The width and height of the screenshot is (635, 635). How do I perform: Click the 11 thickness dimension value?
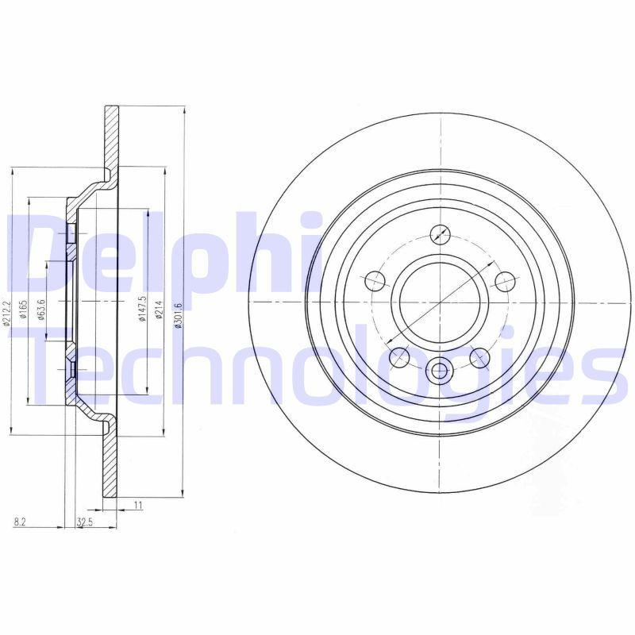click(137, 505)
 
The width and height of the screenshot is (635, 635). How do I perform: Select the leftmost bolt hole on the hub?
click(375, 280)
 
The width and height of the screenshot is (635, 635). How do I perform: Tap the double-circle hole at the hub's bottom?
click(439, 369)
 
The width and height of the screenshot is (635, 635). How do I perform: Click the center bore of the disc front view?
click(439, 302)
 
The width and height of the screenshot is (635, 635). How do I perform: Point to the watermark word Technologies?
click(317, 373)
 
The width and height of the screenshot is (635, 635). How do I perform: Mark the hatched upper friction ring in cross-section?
click(111, 135)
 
